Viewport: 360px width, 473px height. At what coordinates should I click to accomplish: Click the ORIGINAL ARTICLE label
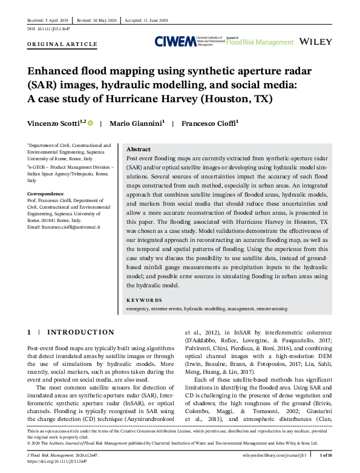tap(62, 45)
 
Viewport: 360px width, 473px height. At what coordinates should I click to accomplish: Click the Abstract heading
tap(139, 149)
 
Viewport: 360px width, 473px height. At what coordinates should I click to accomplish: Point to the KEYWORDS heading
tap(144, 299)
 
